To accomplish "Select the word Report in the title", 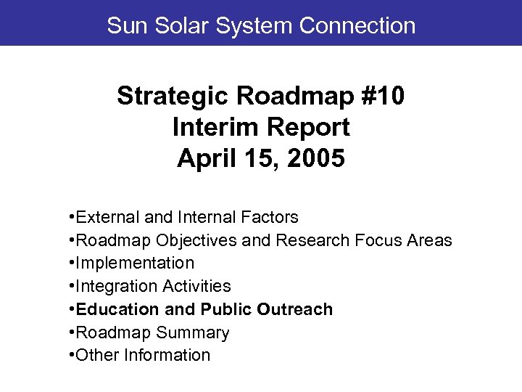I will (309, 127).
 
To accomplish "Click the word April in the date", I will (206, 158).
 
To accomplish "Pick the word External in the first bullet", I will (102, 217).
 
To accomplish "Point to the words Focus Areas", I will (407, 240).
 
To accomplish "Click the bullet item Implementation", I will (135, 263).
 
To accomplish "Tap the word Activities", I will (196, 286).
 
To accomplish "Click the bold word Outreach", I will (296, 309).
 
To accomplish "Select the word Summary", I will (195, 332).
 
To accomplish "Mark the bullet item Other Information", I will (143, 356).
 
